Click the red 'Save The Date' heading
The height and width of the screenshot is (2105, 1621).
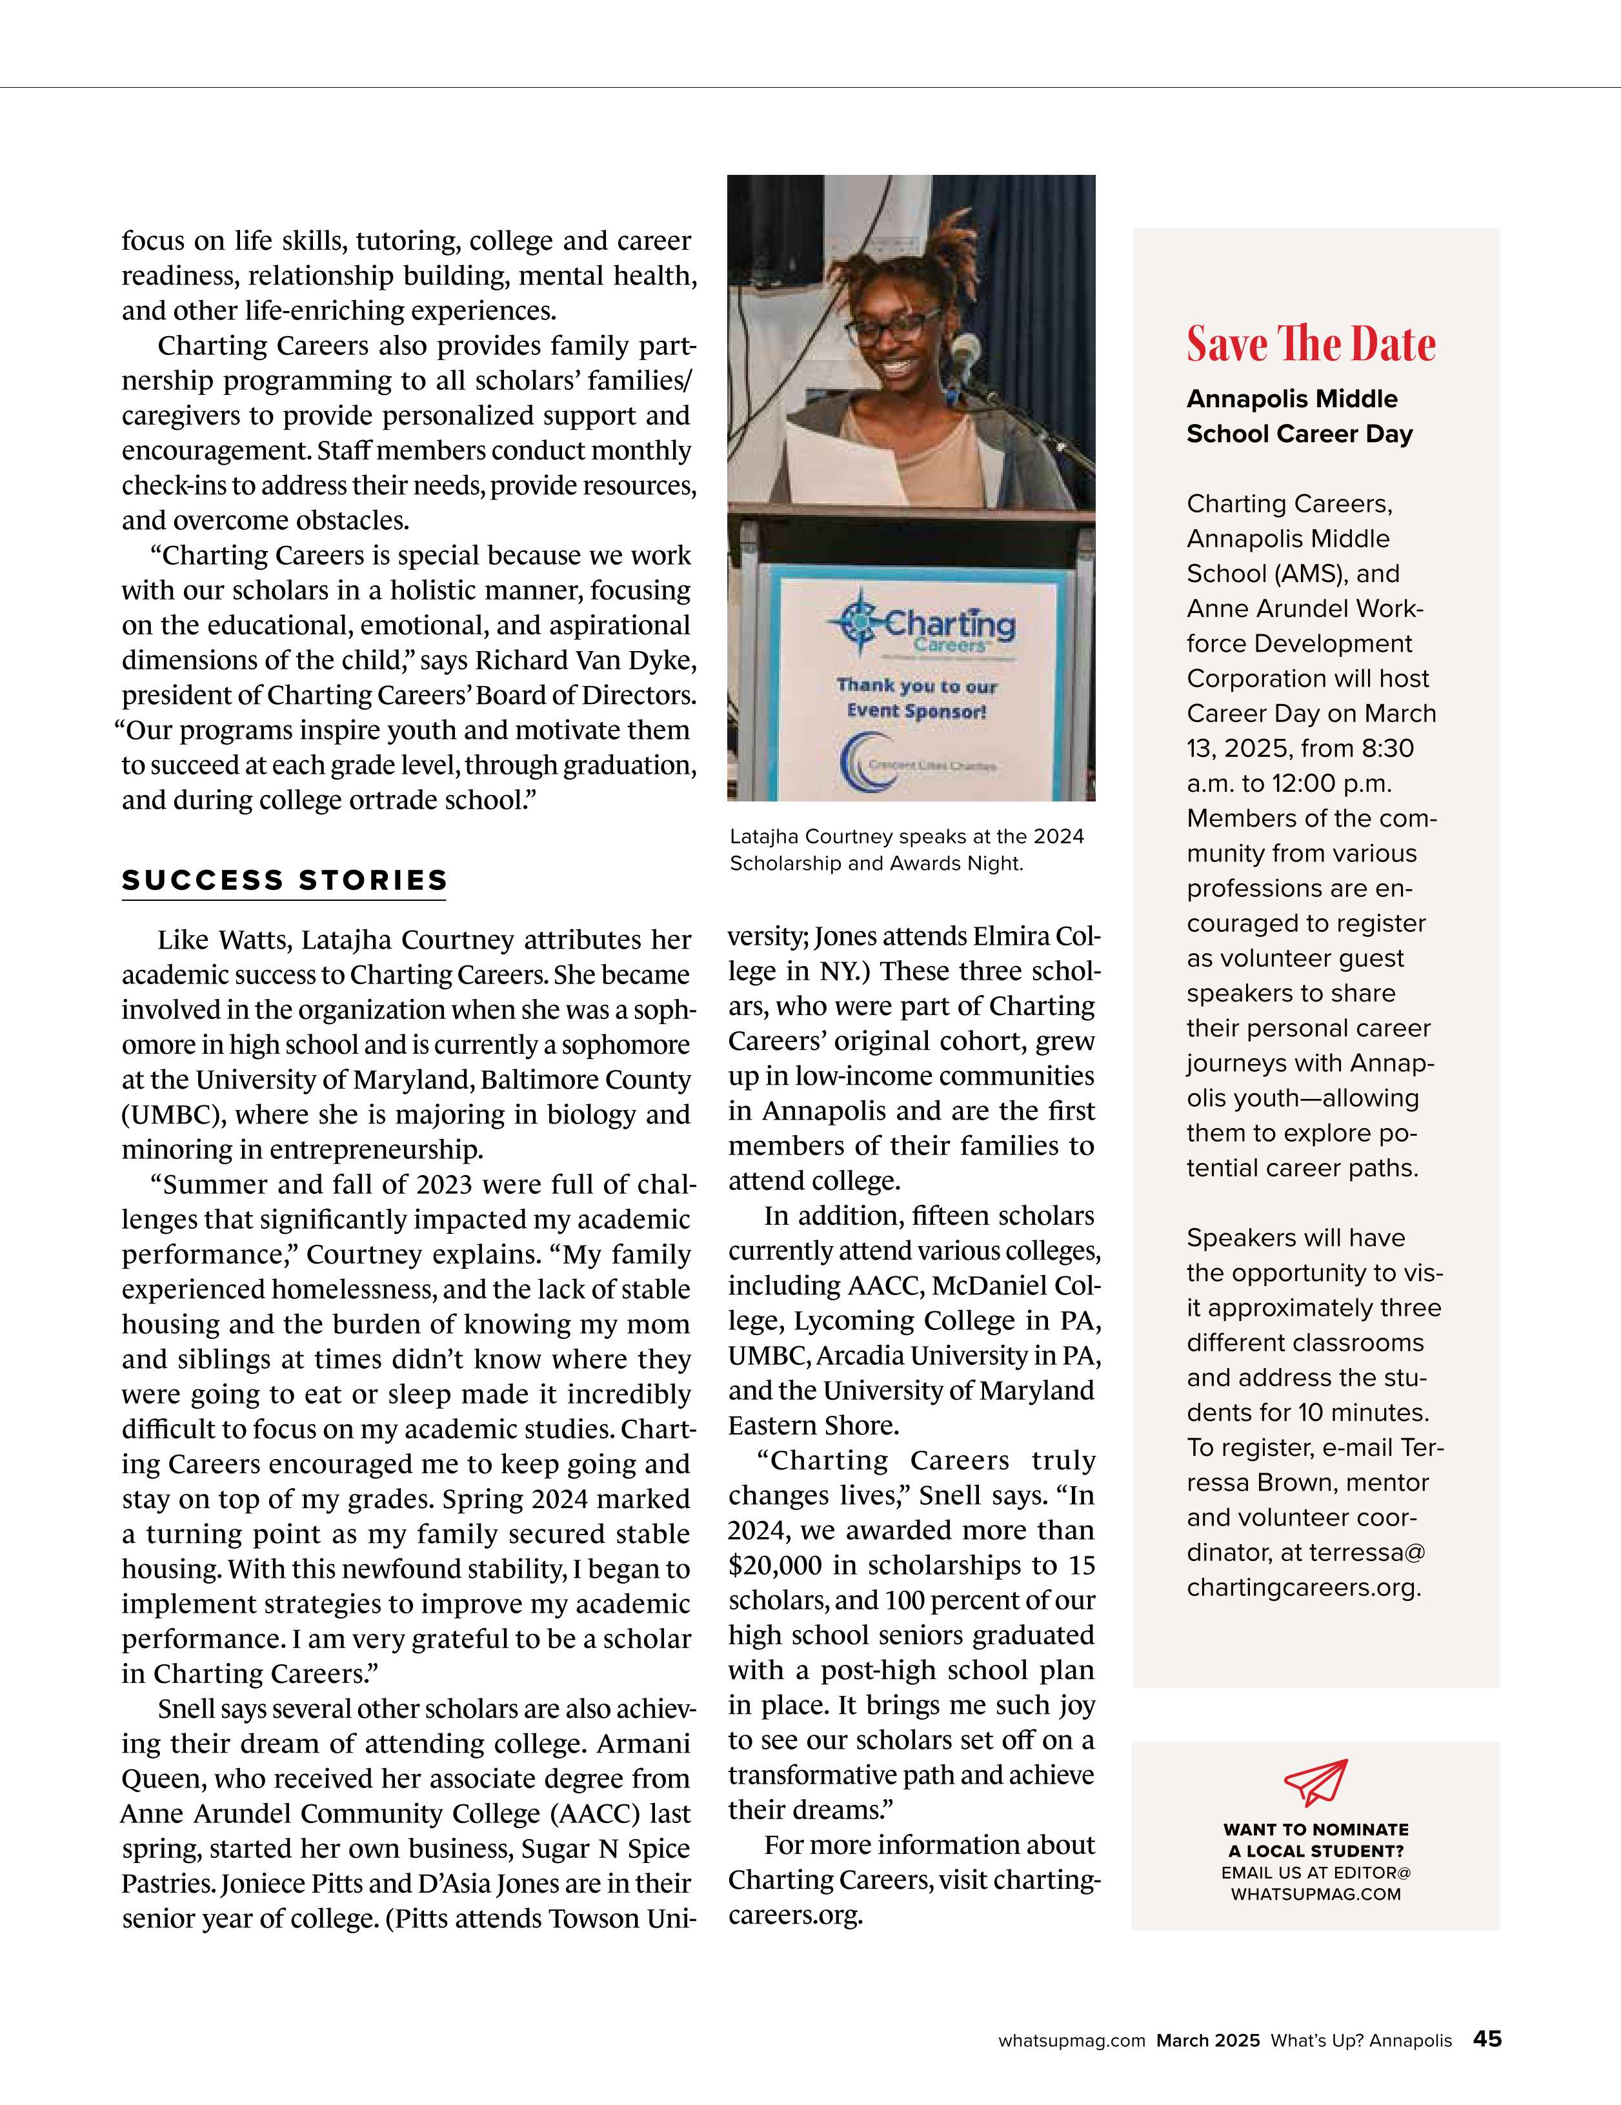click(x=1311, y=344)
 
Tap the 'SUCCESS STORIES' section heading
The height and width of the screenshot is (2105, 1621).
click(x=285, y=880)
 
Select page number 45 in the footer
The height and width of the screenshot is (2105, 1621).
click(x=1487, y=2039)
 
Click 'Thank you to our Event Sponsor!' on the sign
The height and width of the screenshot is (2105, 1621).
click(x=916, y=698)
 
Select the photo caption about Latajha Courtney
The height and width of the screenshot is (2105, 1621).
click(x=906, y=849)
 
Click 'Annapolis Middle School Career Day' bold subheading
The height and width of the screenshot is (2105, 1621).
click(x=1299, y=416)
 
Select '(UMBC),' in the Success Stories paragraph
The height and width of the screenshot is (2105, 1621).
click(x=174, y=1115)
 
